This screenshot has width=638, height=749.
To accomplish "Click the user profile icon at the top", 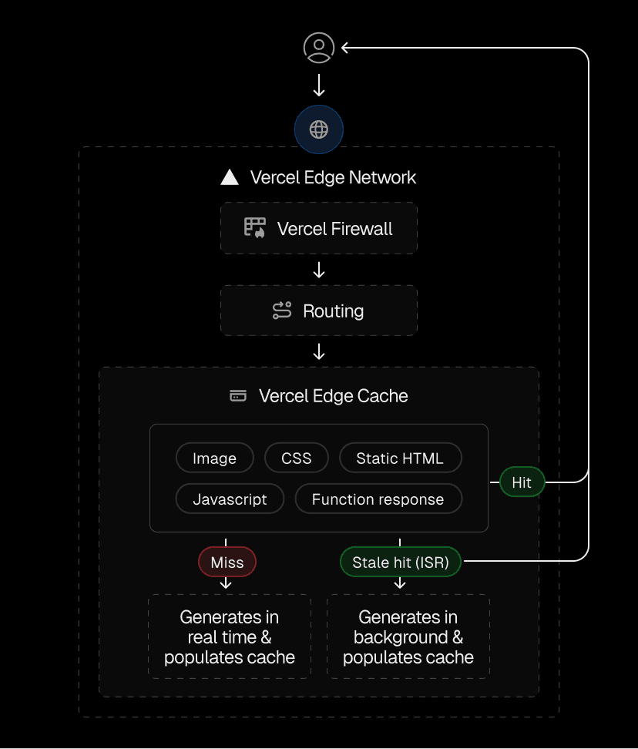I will point(319,48).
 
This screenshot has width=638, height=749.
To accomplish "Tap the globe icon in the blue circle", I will point(319,129).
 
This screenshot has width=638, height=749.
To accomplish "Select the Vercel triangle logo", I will point(230,177).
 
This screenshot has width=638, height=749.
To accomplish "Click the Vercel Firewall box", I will point(319,228).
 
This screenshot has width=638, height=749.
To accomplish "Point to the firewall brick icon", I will point(255,227).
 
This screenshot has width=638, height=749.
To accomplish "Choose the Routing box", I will point(319,311).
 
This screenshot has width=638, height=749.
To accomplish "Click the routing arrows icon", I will point(282,311).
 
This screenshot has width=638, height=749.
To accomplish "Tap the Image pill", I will point(214,458).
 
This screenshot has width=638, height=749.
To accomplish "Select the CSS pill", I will point(297,458).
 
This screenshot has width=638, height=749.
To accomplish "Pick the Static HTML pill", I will point(400,458).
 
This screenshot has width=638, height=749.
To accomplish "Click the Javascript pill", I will point(230,499).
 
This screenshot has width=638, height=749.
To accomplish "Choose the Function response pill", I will point(378,499).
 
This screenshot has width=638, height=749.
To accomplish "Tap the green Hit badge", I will point(522,482).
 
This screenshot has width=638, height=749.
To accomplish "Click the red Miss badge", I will point(227,563).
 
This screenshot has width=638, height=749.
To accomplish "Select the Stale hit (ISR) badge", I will point(400,563).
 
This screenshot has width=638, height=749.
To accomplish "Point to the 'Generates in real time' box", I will point(230,636).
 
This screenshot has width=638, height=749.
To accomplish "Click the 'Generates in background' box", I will point(408,636).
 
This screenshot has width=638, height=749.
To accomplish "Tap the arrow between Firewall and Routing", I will point(319,270).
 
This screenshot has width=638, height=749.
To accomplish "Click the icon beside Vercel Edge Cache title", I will point(239,396).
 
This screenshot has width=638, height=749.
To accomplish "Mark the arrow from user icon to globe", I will point(319,85).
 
